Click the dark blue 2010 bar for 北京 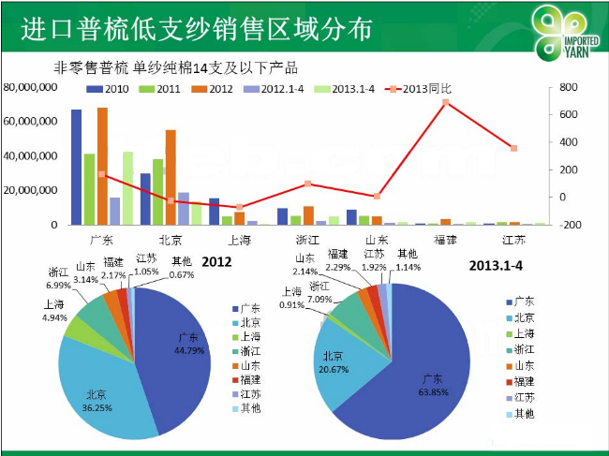click(145, 199)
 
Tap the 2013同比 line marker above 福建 click(446, 102)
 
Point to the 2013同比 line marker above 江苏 click(513, 148)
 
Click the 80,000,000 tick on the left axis click(32, 87)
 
